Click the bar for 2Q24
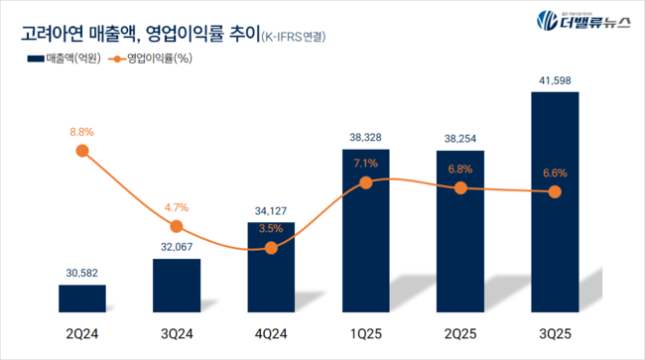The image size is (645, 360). tap(82, 297)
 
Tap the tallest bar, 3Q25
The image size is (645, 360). tap(555, 198)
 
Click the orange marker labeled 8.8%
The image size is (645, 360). tap(82, 151)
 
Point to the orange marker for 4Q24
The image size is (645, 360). tap(272, 247)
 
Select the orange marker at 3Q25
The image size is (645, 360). tap(555, 191)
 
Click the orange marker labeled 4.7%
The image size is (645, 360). tap(177, 227)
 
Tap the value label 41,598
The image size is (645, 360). tap(555, 79)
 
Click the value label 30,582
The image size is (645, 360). tap(82, 272)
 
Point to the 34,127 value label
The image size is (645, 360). tap(272, 209)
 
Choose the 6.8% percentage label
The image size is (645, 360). tap(460, 169)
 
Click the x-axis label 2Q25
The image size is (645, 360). tap(460, 334)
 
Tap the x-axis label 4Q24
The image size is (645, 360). tap(272, 334)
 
